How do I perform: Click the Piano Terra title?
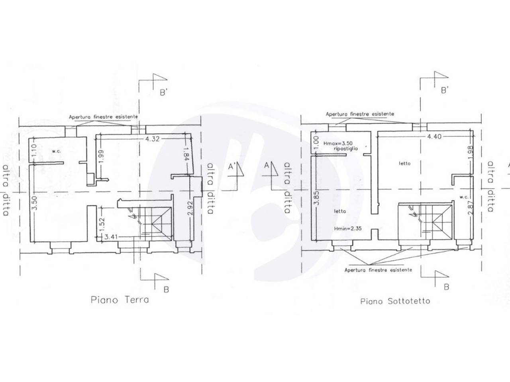[x=120, y=300]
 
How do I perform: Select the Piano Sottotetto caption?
[x=395, y=301]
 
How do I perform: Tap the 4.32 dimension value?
[x=153, y=139]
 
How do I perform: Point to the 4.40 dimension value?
[x=434, y=136]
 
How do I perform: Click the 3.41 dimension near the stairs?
[x=112, y=237]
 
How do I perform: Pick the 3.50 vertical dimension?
[x=34, y=203]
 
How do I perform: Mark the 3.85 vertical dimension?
[x=316, y=198]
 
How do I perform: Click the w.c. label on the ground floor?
[x=56, y=152]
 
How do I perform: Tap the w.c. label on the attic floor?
[x=464, y=197]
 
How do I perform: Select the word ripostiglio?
[x=346, y=149]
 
